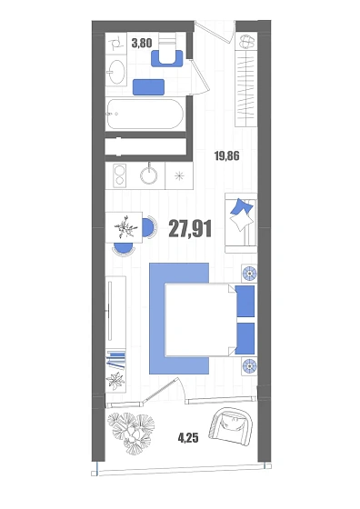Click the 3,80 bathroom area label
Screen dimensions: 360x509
[x=142, y=43]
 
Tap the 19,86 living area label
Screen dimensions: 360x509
[x=227, y=155]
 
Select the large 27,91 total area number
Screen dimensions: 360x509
[x=190, y=228]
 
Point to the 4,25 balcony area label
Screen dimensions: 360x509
[x=188, y=438]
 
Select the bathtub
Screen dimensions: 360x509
[x=145, y=115]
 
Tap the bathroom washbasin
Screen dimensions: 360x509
[x=116, y=72]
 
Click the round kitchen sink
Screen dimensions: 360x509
[x=149, y=175]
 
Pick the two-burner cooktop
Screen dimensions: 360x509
[x=119, y=175]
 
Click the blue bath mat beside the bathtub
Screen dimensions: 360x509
[x=148, y=87]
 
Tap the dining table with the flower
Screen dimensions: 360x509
[x=124, y=227]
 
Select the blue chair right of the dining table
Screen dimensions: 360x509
[x=149, y=227]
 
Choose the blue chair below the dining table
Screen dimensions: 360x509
[x=124, y=249]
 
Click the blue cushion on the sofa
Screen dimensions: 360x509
[x=241, y=208]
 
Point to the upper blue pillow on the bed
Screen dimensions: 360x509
[x=245, y=301]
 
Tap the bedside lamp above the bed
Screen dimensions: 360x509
[x=249, y=274]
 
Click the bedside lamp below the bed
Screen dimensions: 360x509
[x=249, y=366]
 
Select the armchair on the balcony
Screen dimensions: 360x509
[x=231, y=427]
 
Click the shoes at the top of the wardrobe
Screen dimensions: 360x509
[x=246, y=41]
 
